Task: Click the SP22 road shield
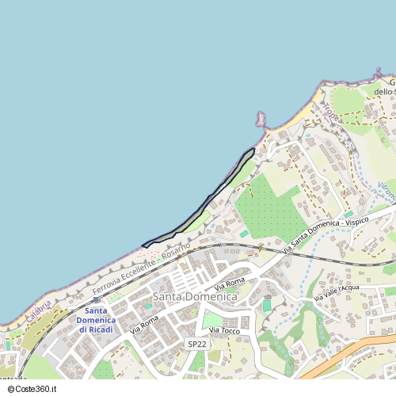pos(197,345)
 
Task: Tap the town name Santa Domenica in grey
pos(195,296)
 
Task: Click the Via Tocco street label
pos(224,329)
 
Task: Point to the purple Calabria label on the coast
pos(37,313)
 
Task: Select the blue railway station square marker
pos(97,300)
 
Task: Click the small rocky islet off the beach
pos(260,119)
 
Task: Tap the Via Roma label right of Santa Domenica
pos(229,283)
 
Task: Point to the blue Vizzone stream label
pos(386,191)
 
